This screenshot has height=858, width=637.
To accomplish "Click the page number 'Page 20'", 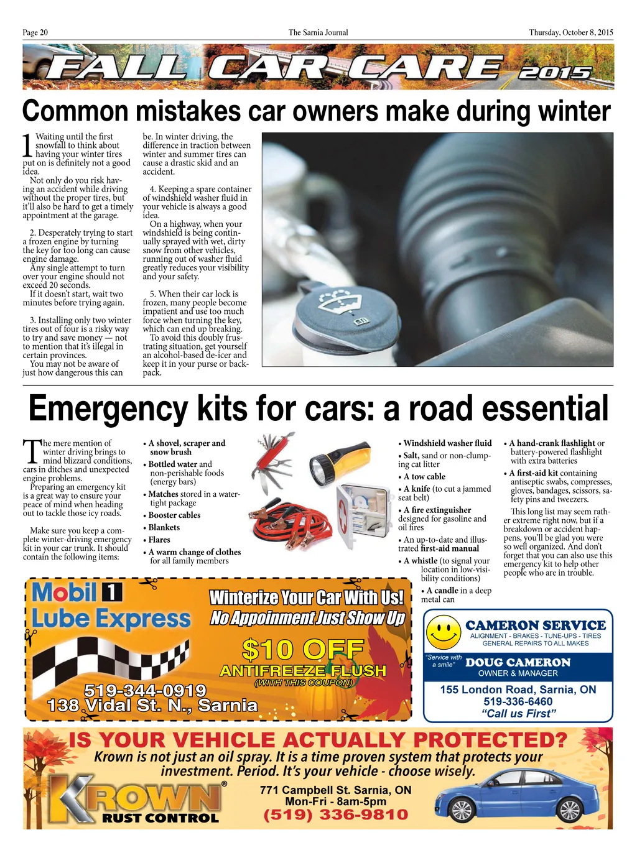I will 35,32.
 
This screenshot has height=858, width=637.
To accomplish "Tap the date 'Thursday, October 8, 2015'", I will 570,32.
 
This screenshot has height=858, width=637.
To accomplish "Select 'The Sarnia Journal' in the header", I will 318,32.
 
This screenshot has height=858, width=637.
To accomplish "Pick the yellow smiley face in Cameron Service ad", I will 444,632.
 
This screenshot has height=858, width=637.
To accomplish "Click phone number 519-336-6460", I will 518,701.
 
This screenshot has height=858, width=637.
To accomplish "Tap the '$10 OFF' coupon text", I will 303,650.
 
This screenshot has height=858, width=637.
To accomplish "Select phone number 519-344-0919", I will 145,690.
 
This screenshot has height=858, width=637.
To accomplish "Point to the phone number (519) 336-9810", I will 336,814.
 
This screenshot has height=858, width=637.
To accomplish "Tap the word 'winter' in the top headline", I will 574,111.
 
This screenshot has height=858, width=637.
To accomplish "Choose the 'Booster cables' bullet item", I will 174,515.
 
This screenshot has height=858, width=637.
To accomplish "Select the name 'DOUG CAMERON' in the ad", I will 518,663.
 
